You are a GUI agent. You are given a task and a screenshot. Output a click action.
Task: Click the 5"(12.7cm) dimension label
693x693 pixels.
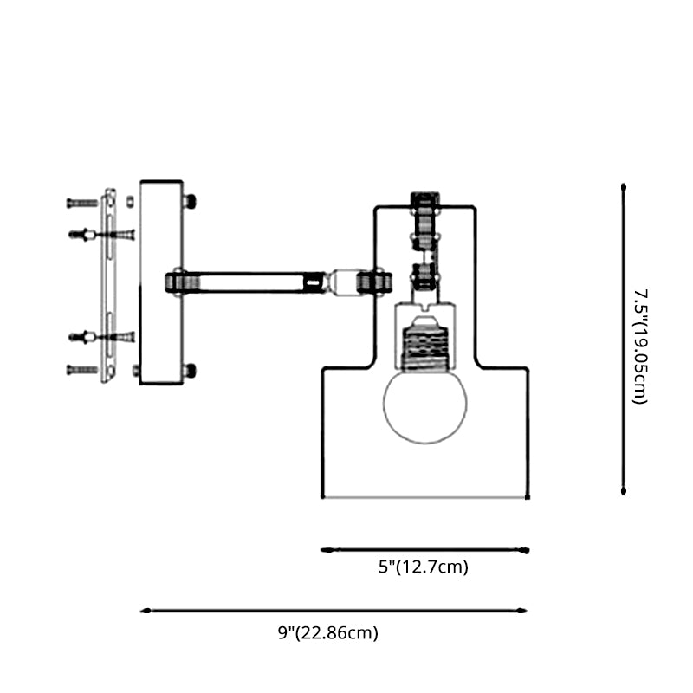[424, 568]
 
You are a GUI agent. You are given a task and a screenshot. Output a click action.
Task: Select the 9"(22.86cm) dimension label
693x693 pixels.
[328, 633]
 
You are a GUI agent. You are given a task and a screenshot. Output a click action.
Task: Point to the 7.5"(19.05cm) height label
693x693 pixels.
[640, 346]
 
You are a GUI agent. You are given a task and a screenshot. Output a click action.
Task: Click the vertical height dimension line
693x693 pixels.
[624, 338]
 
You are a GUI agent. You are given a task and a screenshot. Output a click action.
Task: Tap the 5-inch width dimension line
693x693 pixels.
[424, 549]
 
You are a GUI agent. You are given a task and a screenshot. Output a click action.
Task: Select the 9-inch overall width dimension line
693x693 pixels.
[334, 611]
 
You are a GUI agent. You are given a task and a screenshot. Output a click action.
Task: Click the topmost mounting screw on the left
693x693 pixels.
[82, 203]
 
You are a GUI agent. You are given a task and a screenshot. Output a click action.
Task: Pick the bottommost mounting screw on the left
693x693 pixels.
[82, 370]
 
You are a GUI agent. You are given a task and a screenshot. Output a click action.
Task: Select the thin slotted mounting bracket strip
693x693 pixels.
[109, 286]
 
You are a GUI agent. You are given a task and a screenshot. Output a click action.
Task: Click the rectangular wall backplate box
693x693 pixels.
[161, 282]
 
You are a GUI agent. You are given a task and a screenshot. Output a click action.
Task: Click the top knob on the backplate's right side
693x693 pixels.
[189, 201]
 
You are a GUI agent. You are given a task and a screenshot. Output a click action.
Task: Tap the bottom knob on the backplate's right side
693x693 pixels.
[189, 370]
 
